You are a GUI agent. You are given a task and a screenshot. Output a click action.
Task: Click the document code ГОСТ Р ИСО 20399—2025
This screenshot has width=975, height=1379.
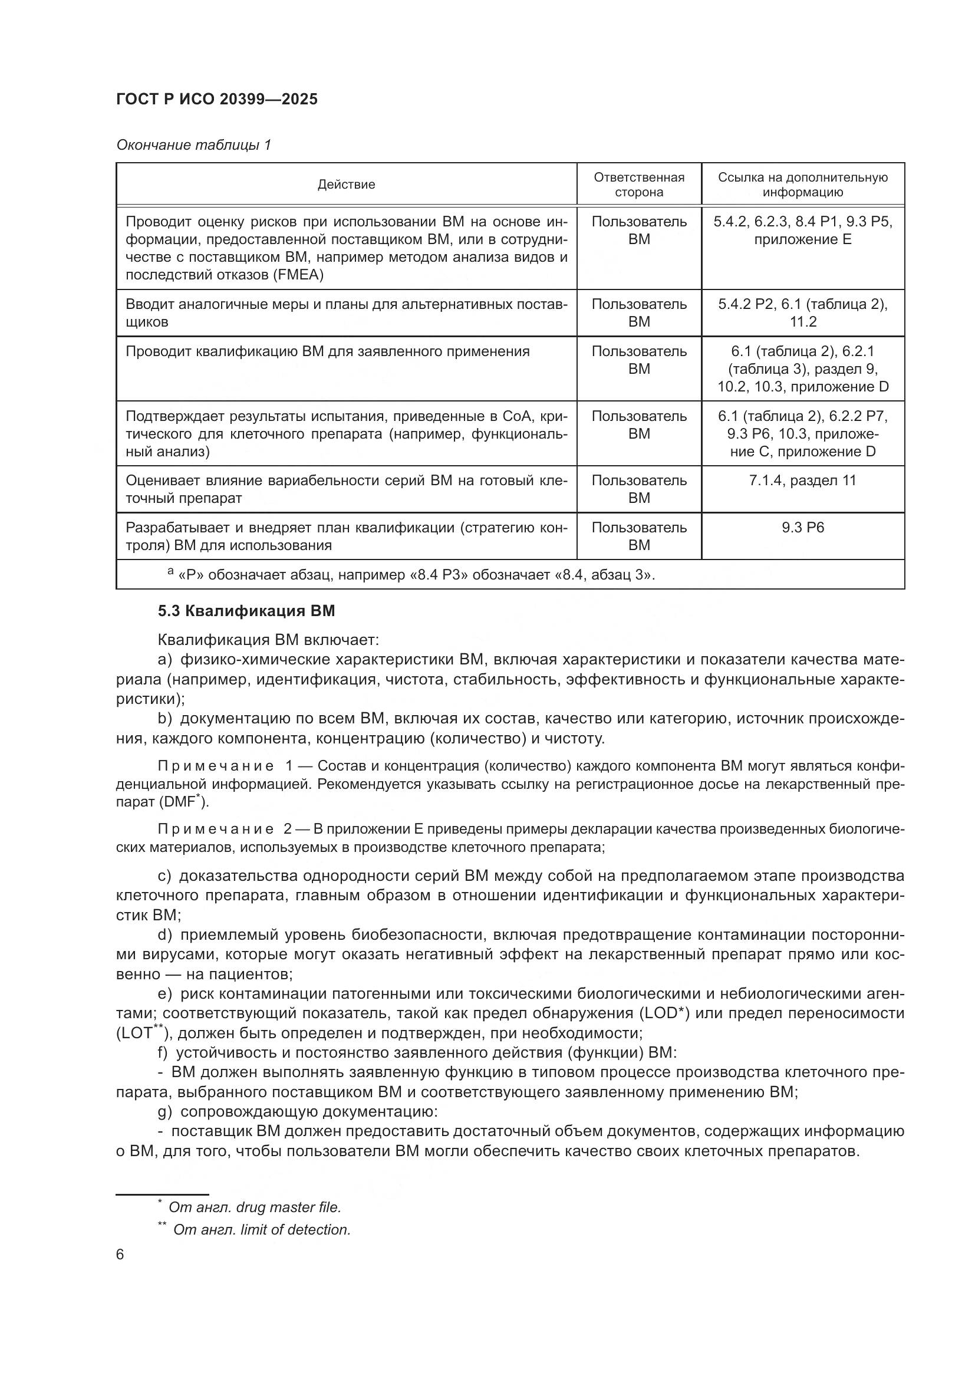click(x=217, y=99)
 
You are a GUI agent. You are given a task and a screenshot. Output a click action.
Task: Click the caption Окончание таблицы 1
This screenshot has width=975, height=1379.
click(x=193, y=145)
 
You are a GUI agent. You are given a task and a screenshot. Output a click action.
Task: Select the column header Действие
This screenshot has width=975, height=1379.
click(x=346, y=185)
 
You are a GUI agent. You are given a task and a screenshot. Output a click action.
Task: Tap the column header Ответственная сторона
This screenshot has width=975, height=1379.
click(x=639, y=185)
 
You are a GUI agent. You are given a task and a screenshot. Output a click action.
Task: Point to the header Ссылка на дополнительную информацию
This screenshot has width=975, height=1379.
click(x=803, y=185)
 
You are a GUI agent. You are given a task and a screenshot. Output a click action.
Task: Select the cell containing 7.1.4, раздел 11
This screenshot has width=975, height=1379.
click(x=803, y=480)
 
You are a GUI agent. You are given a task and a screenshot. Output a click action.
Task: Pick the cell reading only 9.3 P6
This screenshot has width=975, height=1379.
click(x=803, y=527)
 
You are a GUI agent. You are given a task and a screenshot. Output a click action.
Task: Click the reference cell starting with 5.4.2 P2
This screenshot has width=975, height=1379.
click(x=803, y=312)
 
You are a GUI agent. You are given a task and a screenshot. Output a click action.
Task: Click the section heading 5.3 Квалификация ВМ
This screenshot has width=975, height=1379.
click(x=246, y=611)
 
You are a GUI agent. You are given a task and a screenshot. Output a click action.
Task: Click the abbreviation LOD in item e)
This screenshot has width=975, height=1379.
click(x=661, y=1013)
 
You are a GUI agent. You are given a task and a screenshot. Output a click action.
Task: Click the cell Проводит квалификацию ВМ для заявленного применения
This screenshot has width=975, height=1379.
click(x=327, y=351)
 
